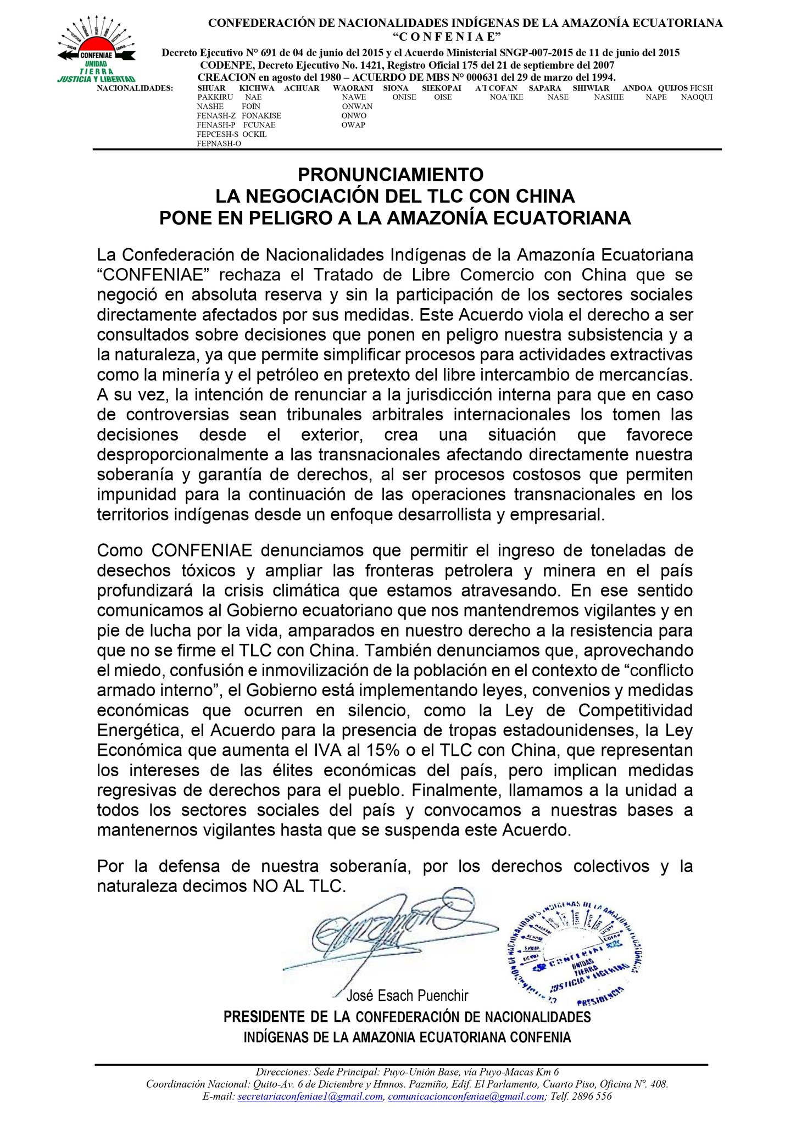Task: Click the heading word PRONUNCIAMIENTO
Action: coord(391,175)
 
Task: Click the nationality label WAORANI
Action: coord(353,88)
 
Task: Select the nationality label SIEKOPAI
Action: coord(442,88)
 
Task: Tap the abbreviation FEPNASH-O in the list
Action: coord(219,144)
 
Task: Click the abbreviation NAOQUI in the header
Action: coord(697,97)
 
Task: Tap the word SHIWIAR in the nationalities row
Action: coord(591,88)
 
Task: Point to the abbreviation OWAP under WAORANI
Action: coord(353,125)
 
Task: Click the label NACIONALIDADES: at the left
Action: coord(135,88)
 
